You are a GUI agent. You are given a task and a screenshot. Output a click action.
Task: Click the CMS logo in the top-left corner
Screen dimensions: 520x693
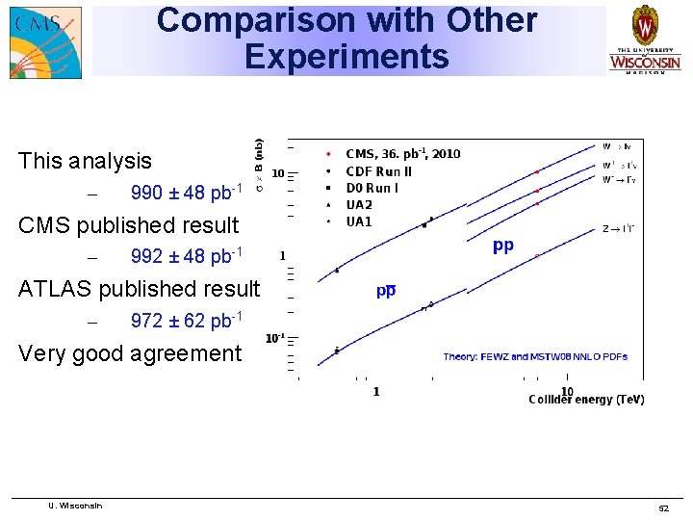45,42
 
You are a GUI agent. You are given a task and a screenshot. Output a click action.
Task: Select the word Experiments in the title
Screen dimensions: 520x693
346,57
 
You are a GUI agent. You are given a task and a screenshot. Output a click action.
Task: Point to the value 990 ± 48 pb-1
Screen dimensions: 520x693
186,193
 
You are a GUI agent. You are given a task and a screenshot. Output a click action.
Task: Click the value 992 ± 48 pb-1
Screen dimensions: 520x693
186,256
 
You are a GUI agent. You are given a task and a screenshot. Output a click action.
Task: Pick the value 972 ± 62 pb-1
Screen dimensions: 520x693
186,320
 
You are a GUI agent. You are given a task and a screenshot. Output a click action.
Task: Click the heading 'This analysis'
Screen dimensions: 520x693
85,161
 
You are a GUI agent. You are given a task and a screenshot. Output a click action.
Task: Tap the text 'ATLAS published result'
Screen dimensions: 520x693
139,288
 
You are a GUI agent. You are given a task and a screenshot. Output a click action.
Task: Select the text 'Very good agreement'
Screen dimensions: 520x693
130,353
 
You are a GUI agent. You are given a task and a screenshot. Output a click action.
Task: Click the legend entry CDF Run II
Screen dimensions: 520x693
378,171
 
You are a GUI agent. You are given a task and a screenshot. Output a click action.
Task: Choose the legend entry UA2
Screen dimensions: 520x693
359,205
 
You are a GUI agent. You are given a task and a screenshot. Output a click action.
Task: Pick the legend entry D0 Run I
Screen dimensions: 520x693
372,188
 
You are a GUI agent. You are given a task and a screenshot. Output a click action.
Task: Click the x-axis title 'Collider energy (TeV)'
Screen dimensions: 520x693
586,400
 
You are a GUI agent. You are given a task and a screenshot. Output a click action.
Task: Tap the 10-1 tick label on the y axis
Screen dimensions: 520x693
275,339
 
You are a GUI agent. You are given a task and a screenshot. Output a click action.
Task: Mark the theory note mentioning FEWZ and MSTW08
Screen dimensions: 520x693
535,357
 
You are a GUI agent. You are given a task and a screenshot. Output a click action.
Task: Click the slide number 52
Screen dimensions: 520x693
662,507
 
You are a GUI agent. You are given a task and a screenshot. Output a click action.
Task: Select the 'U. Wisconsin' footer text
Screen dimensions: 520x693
75,506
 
